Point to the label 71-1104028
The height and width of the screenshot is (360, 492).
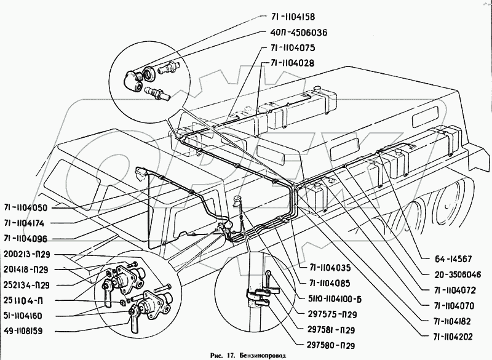tap(292, 63)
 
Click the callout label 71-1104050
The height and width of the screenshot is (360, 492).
tap(26, 208)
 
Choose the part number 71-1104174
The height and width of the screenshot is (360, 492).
tap(24, 223)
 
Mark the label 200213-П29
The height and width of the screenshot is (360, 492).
tap(27, 254)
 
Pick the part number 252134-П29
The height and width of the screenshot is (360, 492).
tap(26, 286)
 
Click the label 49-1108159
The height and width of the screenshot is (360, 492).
tap(23, 331)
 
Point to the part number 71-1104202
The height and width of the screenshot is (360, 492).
tap(453, 337)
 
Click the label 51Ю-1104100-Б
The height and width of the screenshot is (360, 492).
tap(334, 299)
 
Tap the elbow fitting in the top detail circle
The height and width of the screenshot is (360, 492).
tap(132, 81)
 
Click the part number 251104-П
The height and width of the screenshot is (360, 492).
tap(23, 301)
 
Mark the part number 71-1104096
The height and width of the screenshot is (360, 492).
tap(25, 239)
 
